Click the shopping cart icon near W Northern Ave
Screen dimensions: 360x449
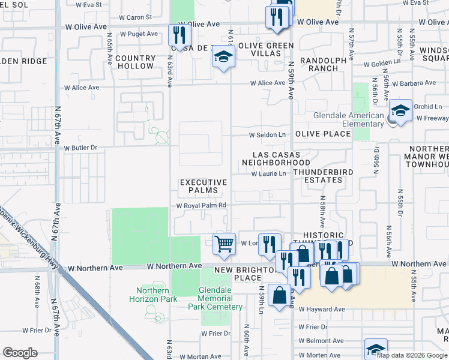tap(224, 244)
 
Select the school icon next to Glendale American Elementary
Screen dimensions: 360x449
tap(400, 111)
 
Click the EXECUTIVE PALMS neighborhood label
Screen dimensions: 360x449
tap(204, 187)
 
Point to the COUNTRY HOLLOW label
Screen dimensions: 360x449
tap(135, 62)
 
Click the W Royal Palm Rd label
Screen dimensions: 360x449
tap(200, 205)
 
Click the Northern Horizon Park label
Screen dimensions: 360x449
tap(148, 295)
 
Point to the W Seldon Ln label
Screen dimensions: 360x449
tap(267, 134)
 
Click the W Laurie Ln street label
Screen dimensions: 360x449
tap(269, 174)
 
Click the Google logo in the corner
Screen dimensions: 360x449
tap(20, 353)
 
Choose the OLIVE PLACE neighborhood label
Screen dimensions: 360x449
tap(322, 134)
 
